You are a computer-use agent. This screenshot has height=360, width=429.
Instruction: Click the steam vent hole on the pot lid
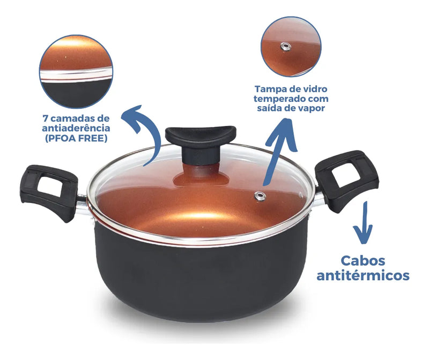pos(260,196)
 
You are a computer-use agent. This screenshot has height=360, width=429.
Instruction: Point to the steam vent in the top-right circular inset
pos(286,47)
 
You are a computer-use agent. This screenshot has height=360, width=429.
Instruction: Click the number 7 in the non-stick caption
pos(45,118)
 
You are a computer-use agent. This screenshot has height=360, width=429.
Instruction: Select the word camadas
pos(73,118)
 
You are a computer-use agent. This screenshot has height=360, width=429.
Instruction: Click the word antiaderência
pos(76,128)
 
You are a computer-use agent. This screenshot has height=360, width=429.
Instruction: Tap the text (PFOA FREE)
pos(76,138)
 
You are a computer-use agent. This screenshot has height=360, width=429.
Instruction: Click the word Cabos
pos(363,260)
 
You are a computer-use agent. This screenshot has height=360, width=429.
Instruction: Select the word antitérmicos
pos(363,275)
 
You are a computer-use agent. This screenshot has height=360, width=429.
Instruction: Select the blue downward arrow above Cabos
pos(364,223)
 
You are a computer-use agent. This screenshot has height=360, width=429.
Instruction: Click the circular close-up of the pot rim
pos(76,72)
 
